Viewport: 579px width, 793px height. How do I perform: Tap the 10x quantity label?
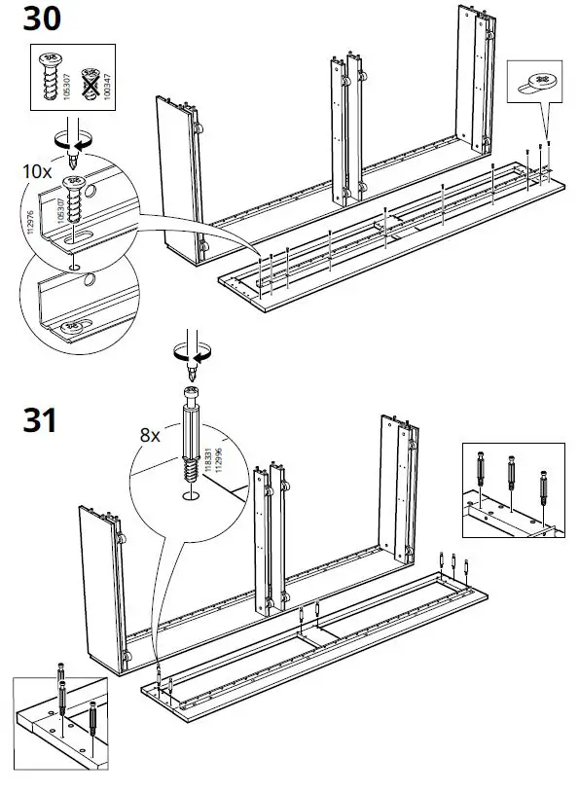(36, 170)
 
